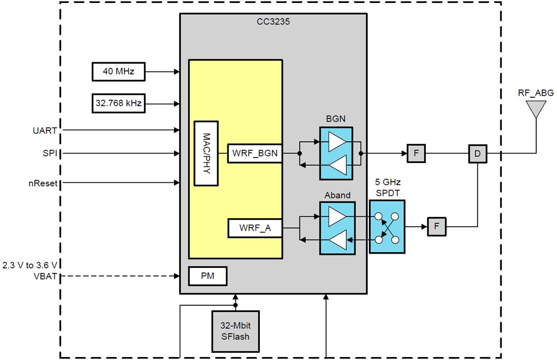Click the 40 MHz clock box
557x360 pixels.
click(x=118, y=72)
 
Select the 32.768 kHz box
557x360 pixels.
click(x=118, y=103)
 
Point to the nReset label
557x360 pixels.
click(x=43, y=183)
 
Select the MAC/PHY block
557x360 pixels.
click(x=206, y=154)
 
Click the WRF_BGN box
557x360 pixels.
click(x=255, y=153)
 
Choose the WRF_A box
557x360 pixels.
click(x=255, y=228)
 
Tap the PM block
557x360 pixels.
click(x=207, y=276)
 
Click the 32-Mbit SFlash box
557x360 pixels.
click(x=235, y=331)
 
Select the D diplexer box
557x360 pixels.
click(x=477, y=153)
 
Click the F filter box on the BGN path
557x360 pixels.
click(x=416, y=153)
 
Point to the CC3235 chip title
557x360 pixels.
click(x=273, y=22)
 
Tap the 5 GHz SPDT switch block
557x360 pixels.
click(x=387, y=226)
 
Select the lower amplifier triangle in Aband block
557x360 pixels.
click(x=337, y=239)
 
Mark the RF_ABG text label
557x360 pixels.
click(x=536, y=93)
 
